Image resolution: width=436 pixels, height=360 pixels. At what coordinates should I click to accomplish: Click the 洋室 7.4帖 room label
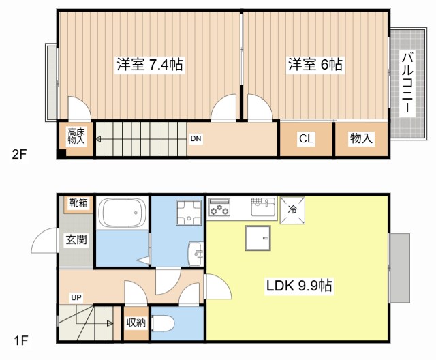click(149, 65)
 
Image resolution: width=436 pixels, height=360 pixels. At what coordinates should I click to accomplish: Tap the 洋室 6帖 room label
click(314, 65)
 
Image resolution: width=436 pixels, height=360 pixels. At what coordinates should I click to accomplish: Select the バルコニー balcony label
click(406, 83)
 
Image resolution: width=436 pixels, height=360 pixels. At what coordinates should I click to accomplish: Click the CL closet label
click(306, 139)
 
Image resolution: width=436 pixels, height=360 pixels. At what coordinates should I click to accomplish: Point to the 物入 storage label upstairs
click(361, 139)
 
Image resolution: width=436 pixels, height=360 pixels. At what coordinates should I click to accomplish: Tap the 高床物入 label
click(76, 136)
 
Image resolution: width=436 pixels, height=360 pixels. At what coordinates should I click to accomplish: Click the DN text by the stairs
click(196, 139)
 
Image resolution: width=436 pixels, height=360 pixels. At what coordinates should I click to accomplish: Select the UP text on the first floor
click(76, 297)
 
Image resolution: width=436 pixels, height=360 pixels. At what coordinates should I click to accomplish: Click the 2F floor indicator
click(18, 154)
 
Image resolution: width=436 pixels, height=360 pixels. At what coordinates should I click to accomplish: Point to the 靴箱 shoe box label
click(78, 202)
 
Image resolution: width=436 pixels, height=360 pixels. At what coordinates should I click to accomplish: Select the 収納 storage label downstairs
click(136, 322)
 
